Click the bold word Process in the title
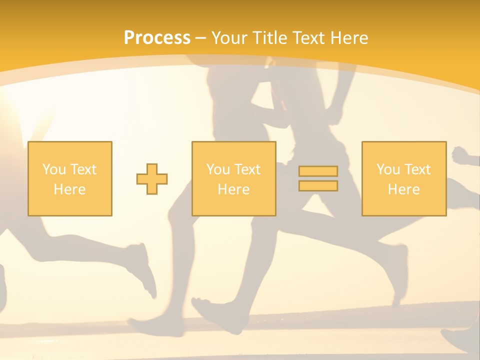(157, 38)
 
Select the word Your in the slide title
(230, 38)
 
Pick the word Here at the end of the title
(350, 38)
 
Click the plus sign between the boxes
(152, 179)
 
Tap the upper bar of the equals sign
(318, 171)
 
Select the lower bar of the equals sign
(318, 185)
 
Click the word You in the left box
(53, 169)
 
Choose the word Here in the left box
(69, 189)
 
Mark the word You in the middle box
(218, 169)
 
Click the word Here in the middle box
(233, 189)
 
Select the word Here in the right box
(403, 189)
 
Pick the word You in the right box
(388, 169)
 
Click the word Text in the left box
(83, 169)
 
